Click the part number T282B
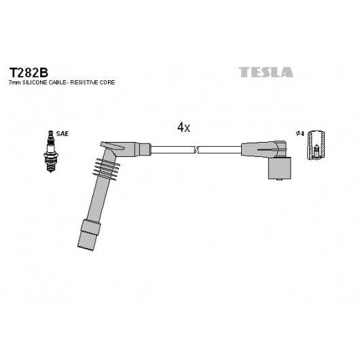[x=29, y=73]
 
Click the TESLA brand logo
[x=266, y=72]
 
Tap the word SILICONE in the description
[x=35, y=82]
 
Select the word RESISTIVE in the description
[x=84, y=82]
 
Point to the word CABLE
[x=58, y=82]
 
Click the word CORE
[x=107, y=82]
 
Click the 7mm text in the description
[x=15, y=82]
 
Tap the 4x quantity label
[x=183, y=127]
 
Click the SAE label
[x=62, y=133]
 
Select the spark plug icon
[x=51, y=151]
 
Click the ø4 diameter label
[x=300, y=133]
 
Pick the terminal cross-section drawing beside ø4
[x=316, y=145]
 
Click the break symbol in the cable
[x=196, y=149]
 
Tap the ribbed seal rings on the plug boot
[x=106, y=169]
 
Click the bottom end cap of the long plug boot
[x=89, y=235]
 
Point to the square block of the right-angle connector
[x=280, y=168]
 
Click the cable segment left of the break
[x=173, y=149]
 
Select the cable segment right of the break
[x=219, y=149]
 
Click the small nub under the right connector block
[x=279, y=180]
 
